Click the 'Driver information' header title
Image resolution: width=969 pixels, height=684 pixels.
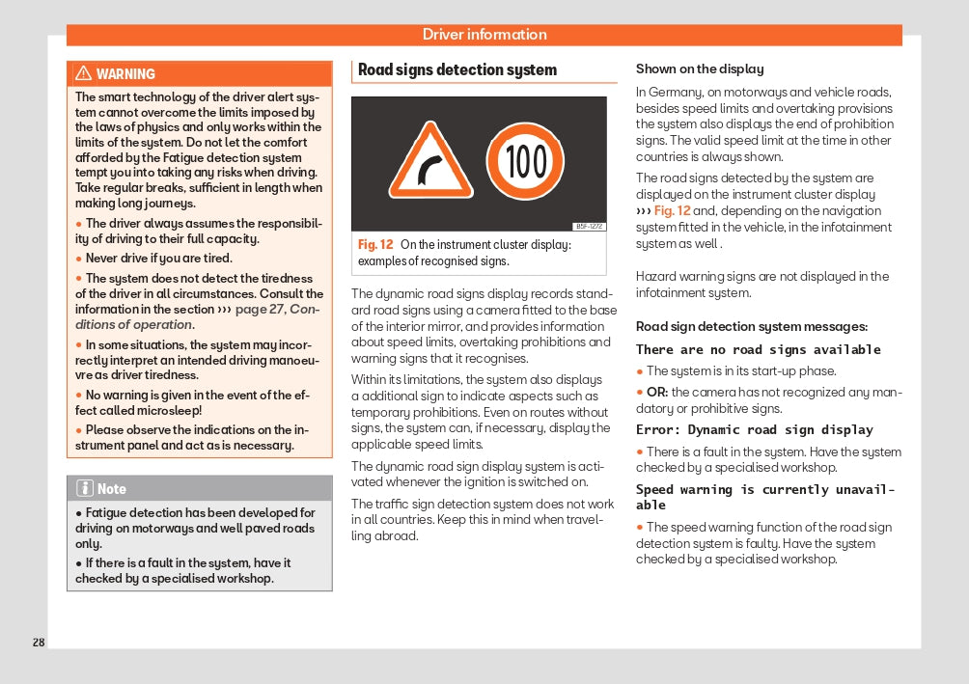pos(484,35)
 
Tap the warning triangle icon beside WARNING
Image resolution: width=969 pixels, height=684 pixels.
pos(83,74)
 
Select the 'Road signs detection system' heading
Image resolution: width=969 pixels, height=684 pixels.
pos(457,69)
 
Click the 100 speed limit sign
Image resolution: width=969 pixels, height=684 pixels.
pos(525,161)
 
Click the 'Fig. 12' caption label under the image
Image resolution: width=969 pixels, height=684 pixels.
pos(375,245)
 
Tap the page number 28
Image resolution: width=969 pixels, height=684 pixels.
pos(39,643)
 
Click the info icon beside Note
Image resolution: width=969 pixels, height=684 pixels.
pos(84,489)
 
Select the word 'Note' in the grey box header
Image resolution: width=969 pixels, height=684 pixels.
pos(112,489)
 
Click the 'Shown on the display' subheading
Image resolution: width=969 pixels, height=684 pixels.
pos(700,69)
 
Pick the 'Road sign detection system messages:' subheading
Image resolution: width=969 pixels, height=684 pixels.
pos(752,327)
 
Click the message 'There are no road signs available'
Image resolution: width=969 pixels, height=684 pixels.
pos(759,349)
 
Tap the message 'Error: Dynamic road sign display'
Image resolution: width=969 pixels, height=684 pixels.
pos(755,429)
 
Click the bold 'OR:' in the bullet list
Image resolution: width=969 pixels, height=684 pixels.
pos(657,392)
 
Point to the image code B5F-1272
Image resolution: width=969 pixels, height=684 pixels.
pos(589,227)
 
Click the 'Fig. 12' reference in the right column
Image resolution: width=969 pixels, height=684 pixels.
pos(672,211)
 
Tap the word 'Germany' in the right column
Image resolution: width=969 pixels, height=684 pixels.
pos(674,93)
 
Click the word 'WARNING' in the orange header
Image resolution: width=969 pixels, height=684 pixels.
pos(125,74)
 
